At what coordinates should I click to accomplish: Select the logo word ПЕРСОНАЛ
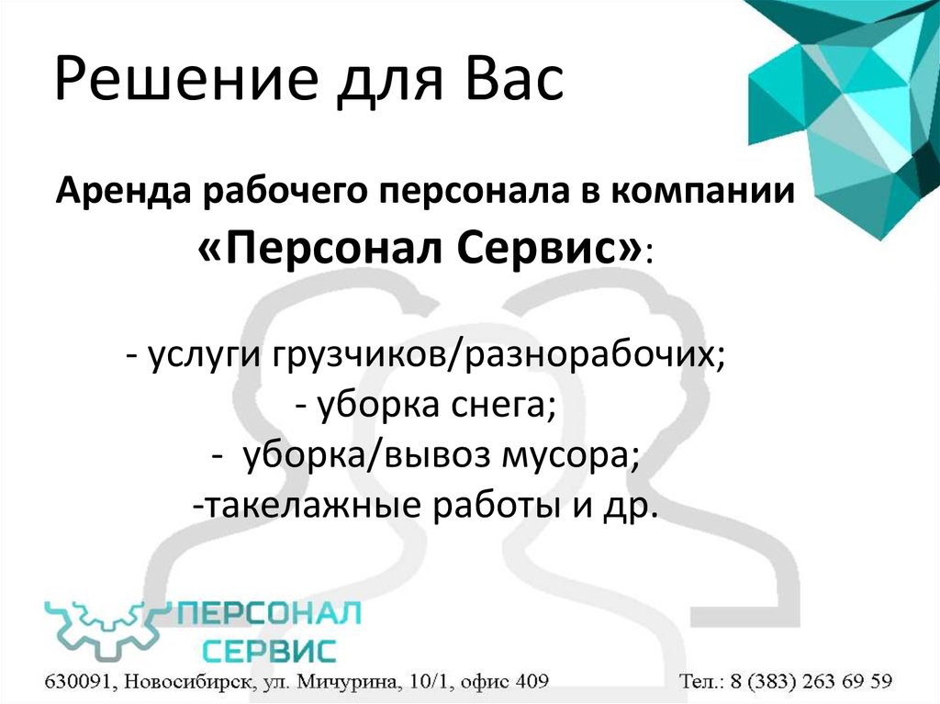[270, 614]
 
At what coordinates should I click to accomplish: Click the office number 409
[530, 681]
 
